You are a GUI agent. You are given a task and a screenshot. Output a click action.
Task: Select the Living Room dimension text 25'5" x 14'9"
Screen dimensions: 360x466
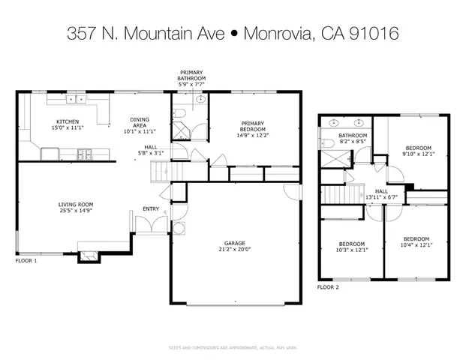76,210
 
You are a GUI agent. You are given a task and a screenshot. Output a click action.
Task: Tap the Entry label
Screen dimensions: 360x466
141,220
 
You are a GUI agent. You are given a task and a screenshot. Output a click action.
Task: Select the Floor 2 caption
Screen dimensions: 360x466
328,287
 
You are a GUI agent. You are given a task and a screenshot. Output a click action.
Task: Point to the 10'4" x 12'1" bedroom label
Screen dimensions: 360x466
415,243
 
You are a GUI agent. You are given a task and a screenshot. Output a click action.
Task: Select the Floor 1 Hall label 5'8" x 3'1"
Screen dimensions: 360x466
151,149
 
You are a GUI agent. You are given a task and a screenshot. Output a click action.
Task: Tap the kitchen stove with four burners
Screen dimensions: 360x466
85,154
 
